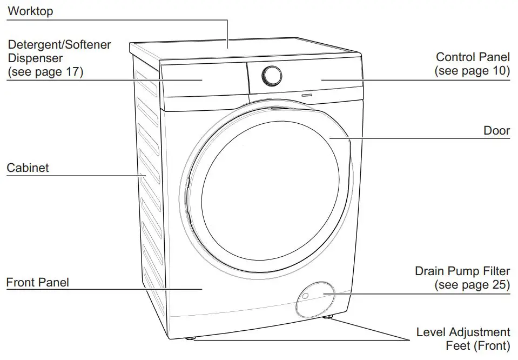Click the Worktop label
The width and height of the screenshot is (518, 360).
[30, 11]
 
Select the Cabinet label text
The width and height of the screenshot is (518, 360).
[28, 168]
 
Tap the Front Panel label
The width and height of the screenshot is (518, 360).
[37, 282]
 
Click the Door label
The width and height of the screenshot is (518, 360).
[496, 131]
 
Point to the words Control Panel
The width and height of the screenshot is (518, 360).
[473, 57]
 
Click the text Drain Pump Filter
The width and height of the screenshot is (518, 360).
[462, 271]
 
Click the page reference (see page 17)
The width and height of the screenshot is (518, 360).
[45, 72]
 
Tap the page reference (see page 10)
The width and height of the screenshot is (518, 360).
[472, 71]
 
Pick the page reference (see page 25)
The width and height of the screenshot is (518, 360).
[472, 284]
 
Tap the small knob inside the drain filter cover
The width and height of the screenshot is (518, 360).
[305, 296]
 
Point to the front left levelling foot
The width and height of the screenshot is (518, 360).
[191, 339]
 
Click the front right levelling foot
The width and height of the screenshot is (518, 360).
[328, 317]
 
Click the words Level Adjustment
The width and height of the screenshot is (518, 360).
[463, 332]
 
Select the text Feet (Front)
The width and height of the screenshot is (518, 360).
[477, 346]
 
